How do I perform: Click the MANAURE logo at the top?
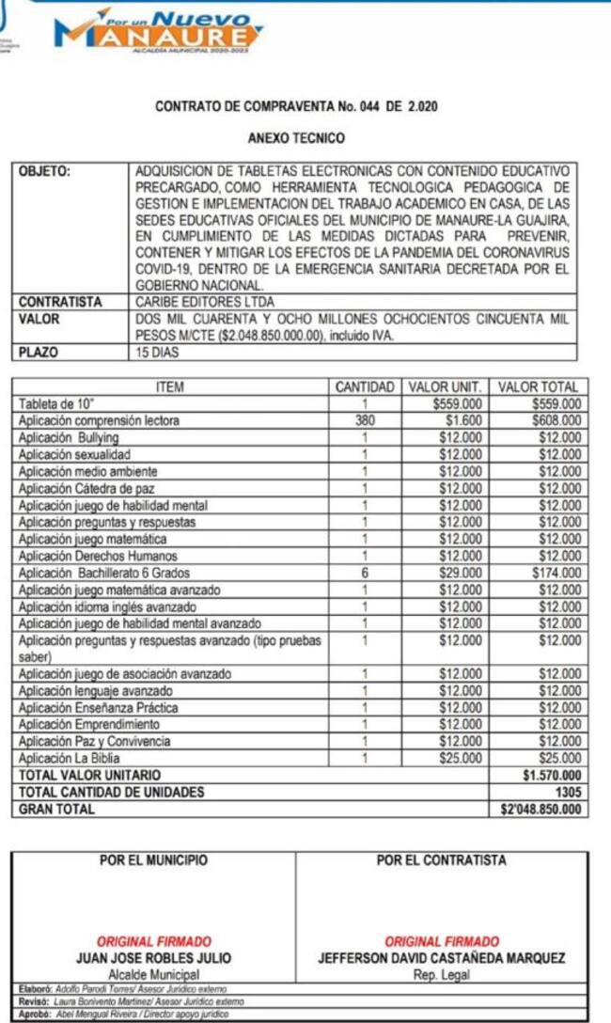pos(159,30)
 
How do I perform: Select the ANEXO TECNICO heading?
pos(296,138)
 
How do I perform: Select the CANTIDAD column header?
pos(363,386)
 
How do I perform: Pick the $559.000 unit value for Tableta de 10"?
pos(461,404)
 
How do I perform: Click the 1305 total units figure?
pos(568,792)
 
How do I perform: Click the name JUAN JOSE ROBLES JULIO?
pos(153,959)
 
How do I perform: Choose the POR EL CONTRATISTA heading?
pos(441,860)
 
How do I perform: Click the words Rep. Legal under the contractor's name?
pos(441,975)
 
